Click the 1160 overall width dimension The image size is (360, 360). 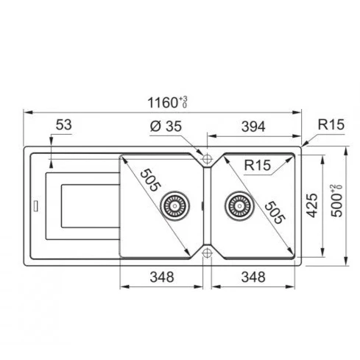point(168,102)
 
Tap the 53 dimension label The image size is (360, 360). point(64,124)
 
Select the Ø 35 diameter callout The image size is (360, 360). point(166,127)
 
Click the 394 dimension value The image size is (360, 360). point(253,127)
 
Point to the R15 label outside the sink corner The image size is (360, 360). point(331,124)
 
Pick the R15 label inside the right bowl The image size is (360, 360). point(258,165)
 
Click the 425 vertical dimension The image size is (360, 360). point(312,205)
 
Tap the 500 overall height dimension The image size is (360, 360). point(336,201)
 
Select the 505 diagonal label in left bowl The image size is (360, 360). point(151,180)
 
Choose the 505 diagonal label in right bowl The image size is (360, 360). point(275,213)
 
